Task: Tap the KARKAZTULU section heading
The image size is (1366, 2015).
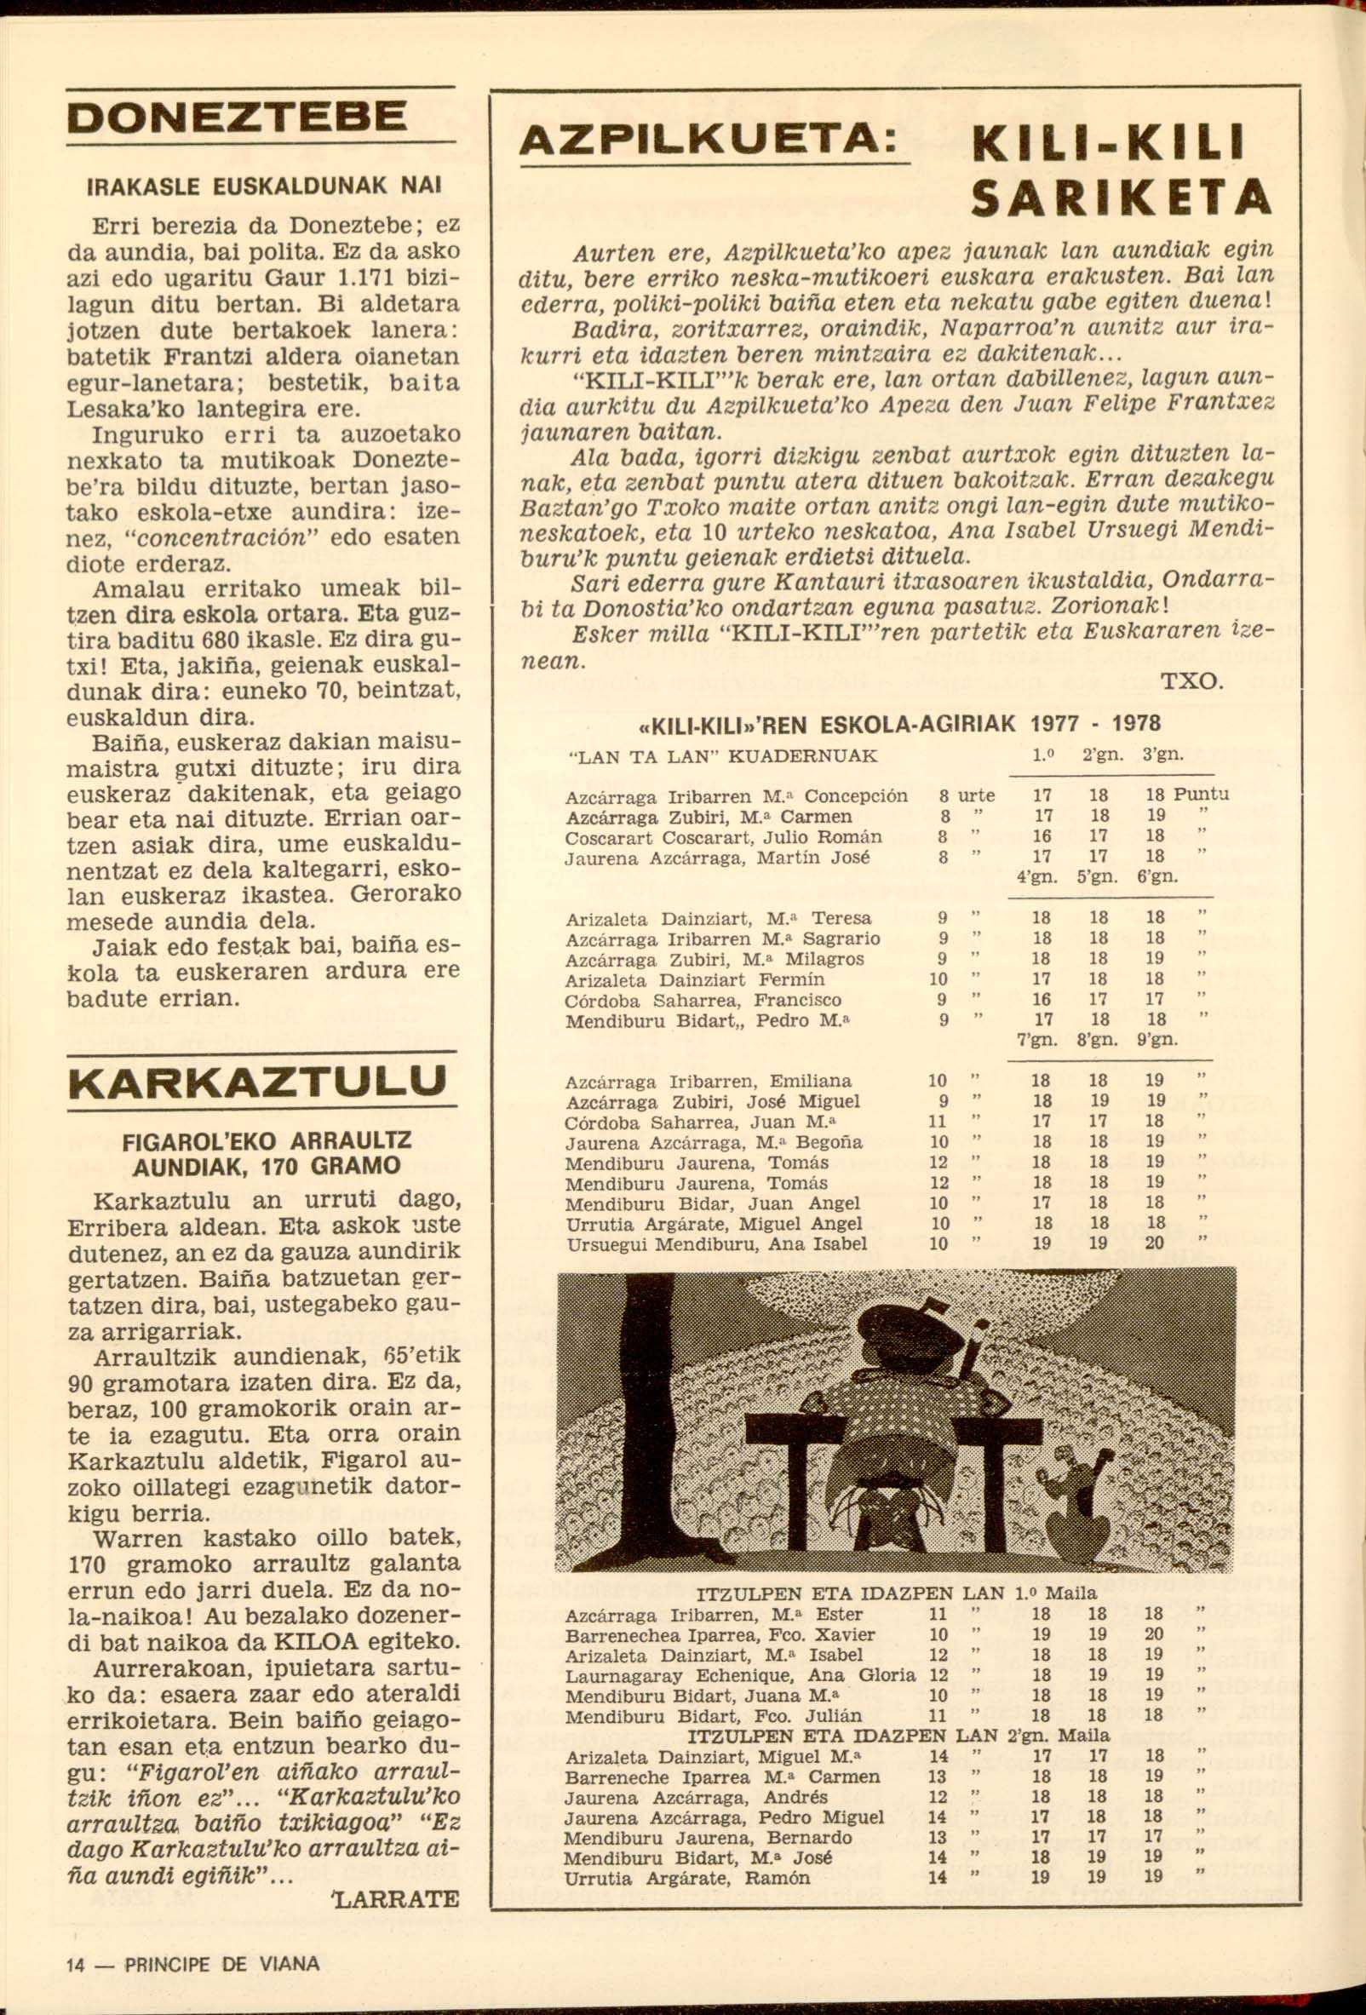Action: click(x=257, y=1081)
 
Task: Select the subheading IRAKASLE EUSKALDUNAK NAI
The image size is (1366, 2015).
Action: click(x=261, y=185)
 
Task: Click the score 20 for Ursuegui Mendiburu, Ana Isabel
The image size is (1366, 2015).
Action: click(x=1154, y=1243)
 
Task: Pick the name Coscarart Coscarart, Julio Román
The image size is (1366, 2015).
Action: click(x=723, y=836)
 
